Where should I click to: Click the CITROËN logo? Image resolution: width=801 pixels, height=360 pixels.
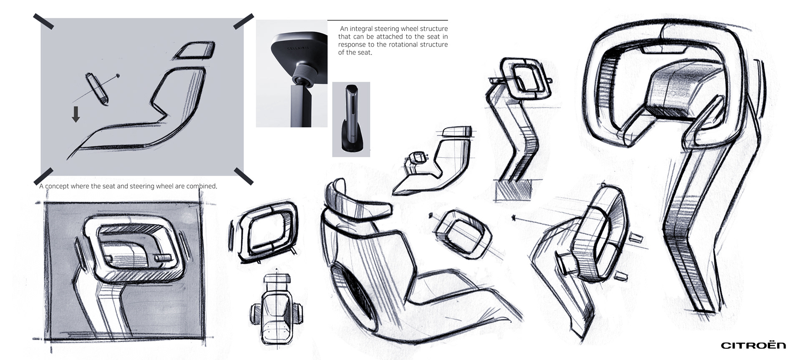(753, 345)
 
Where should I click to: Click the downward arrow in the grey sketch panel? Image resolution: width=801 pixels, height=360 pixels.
(76, 114)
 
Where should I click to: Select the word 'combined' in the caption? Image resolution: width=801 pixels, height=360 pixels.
(202, 186)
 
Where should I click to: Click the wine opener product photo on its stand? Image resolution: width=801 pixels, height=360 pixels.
(351, 119)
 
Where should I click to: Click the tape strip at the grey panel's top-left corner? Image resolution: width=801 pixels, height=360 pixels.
(43, 21)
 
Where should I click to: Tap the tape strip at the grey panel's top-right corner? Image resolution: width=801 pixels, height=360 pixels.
(244, 21)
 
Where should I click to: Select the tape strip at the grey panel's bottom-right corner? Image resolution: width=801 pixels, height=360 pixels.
(244, 176)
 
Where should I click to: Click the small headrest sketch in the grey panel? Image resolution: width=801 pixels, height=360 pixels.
(194, 50)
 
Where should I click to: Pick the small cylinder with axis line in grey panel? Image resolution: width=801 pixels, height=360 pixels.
(97, 89)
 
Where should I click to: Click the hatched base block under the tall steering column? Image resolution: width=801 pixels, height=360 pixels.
(512, 191)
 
